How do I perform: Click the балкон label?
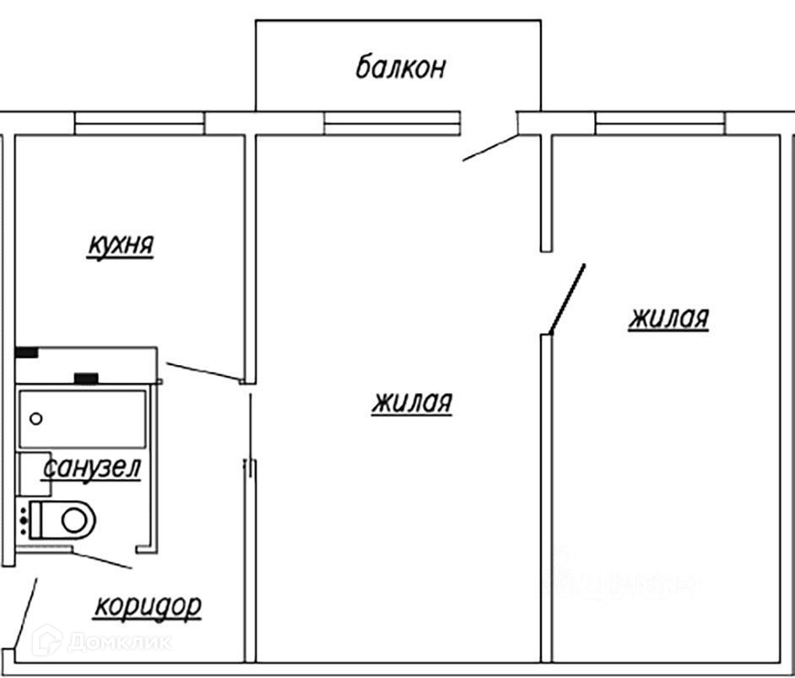point(399,67)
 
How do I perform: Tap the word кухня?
point(121,245)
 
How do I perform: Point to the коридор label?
point(148,605)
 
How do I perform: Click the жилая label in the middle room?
point(412,403)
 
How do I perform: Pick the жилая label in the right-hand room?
point(668,319)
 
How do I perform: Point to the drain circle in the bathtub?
point(36,417)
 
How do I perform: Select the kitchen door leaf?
point(203,371)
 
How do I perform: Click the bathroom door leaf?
point(101,557)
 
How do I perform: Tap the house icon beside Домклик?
point(46,641)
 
